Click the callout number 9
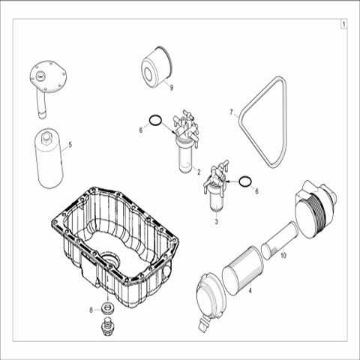(x=171, y=88)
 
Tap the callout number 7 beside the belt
(x=232, y=112)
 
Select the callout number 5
(x=70, y=145)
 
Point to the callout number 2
(x=199, y=172)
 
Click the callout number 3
(x=217, y=221)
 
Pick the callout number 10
(x=283, y=256)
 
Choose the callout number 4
(x=250, y=290)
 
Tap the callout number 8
(x=91, y=310)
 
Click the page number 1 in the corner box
(x=343, y=25)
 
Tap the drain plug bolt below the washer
(x=108, y=325)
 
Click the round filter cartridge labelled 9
(x=157, y=66)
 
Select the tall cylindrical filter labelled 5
(x=49, y=158)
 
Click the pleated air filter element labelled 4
(x=243, y=271)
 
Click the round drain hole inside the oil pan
(x=110, y=260)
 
